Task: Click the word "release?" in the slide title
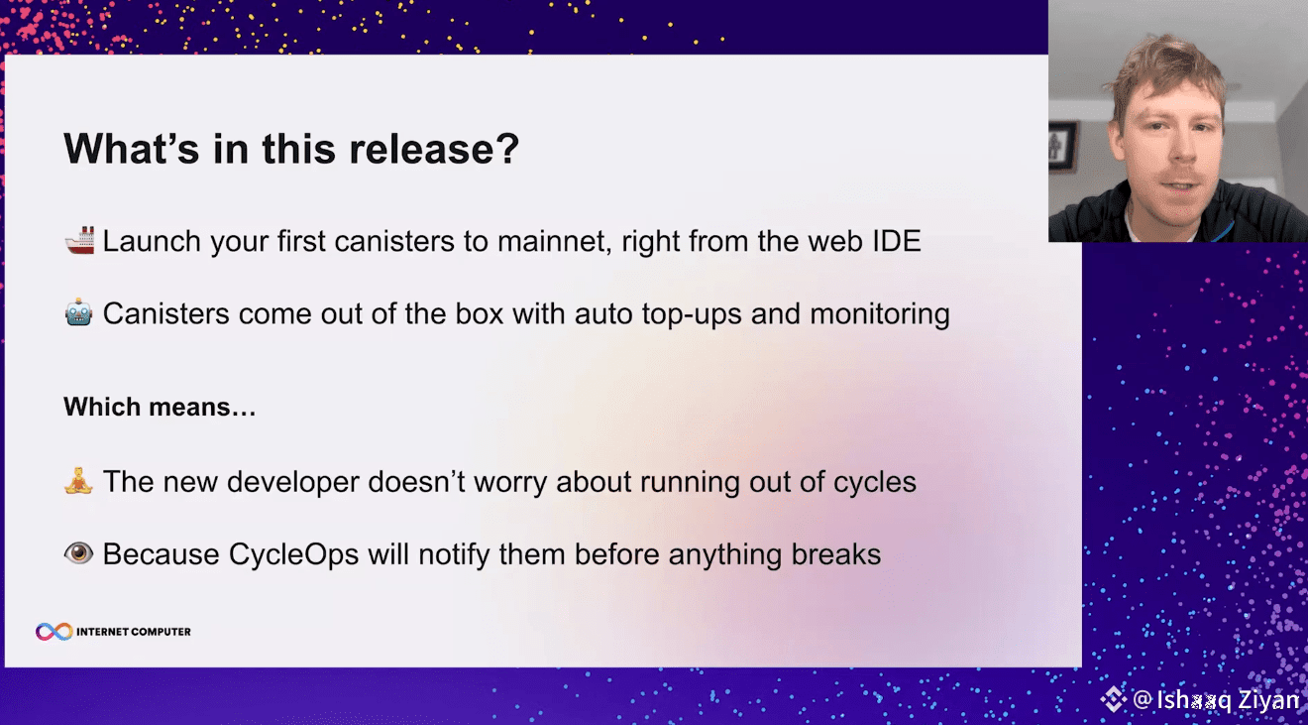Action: [434, 149]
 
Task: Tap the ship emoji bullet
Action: [80, 241]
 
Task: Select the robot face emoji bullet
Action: [79, 312]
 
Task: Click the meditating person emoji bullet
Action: [78, 481]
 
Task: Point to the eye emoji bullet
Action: [79, 553]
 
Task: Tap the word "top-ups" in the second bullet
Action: [692, 314]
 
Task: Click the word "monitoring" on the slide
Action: [879, 314]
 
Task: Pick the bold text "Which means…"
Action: [160, 407]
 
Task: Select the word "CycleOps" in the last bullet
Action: [293, 554]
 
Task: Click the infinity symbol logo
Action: [54, 632]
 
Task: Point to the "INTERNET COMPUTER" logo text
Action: [134, 632]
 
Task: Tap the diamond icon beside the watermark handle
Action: [1114, 698]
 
